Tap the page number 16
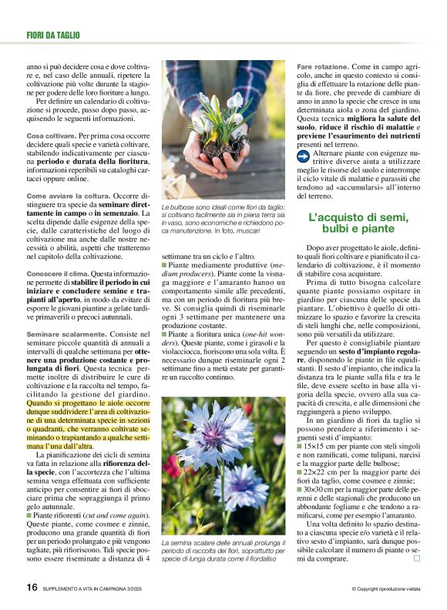[x=32, y=587]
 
